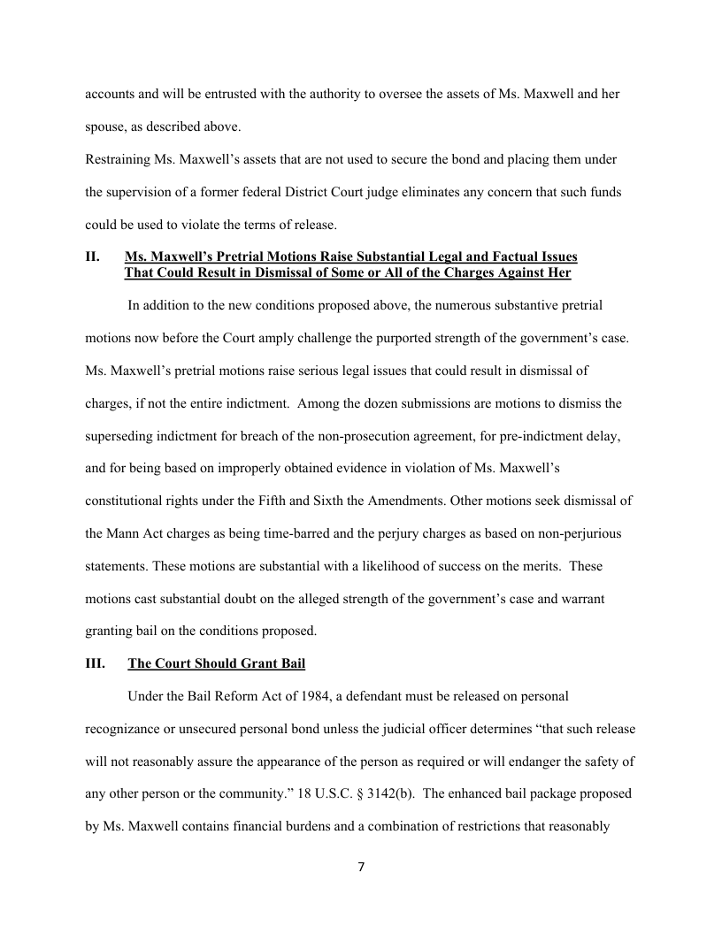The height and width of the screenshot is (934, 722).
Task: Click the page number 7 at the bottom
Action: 361,867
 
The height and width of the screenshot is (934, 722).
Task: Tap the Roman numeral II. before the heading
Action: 92,256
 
